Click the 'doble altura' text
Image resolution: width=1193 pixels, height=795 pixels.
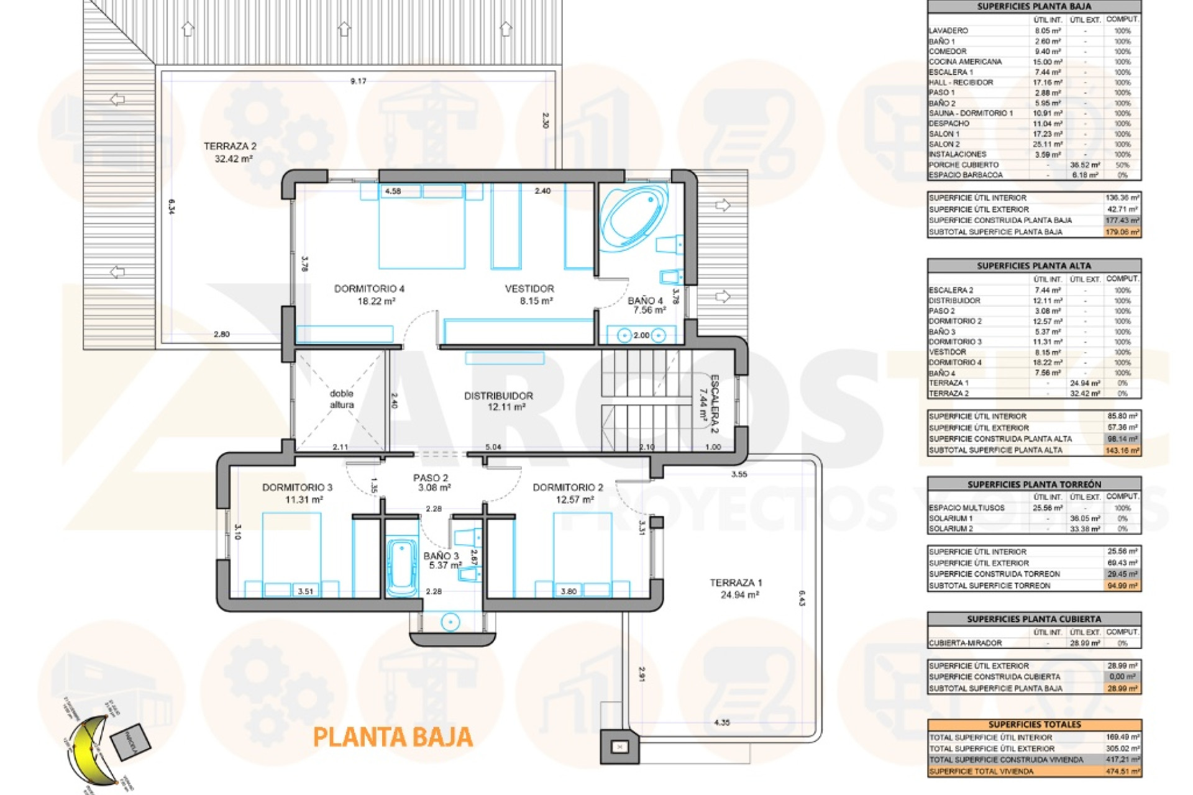(341, 399)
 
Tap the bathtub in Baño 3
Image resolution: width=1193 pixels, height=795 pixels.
(402, 566)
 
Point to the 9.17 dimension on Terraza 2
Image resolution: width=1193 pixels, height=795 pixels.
(359, 81)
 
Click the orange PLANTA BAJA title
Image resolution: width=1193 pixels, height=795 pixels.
(393, 737)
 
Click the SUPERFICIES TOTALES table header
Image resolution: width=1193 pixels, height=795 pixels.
(1035, 725)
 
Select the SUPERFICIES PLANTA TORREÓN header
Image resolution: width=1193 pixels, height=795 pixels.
(1034, 484)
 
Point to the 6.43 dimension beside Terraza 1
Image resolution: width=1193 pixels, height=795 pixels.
(802, 598)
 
